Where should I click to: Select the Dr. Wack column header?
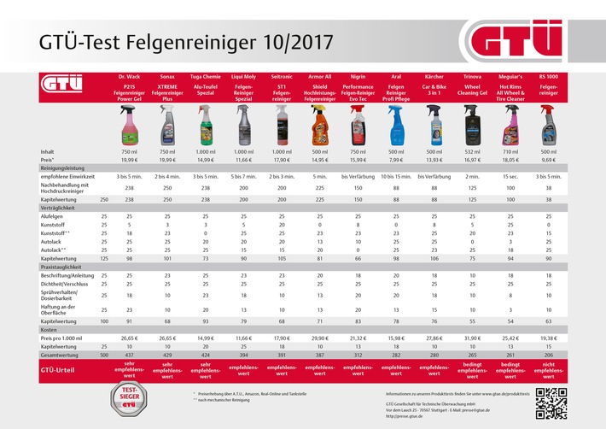(129, 77)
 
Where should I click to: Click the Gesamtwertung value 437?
(129, 353)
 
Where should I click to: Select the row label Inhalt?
(49, 151)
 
